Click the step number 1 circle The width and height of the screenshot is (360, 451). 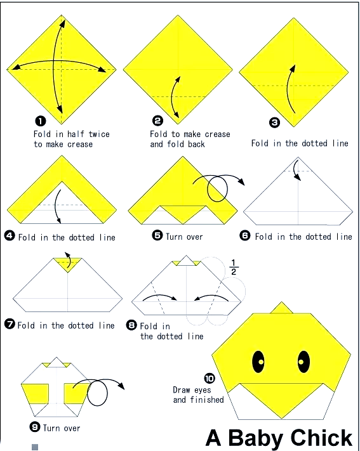coord(41,121)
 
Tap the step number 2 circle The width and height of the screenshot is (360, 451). coord(157,121)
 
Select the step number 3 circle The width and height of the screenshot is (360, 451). coord(274,122)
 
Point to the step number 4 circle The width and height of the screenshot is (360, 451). coord(10,236)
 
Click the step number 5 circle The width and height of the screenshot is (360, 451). coord(157,235)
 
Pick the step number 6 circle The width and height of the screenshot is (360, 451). coord(245,236)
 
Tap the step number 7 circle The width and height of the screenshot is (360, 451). coord(10,324)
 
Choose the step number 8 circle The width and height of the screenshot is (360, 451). coord(131,325)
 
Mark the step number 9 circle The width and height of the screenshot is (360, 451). coord(35,427)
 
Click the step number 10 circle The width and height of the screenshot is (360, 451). coord(210,378)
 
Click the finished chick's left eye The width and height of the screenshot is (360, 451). coord(258,362)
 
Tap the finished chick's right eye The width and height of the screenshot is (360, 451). coord(303,362)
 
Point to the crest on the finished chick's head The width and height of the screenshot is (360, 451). coord(282,308)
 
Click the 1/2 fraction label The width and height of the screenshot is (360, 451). coord(234,268)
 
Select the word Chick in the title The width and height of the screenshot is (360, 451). coord(322,438)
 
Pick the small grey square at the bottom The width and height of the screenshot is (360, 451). coord(35,447)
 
